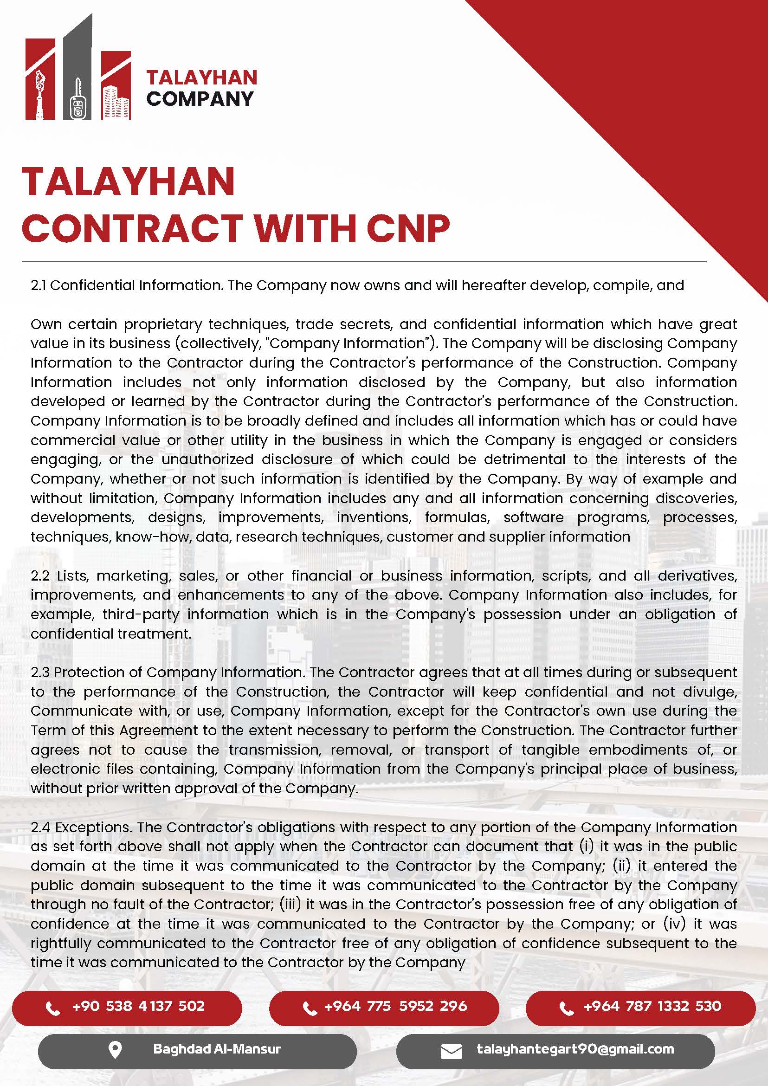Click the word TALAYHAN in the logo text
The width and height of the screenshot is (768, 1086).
[x=201, y=78]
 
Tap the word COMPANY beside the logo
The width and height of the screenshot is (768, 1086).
[x=200, y=99]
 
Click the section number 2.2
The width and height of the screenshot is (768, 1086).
[x=40, y=575]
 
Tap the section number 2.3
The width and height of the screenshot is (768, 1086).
[x=40, y=672]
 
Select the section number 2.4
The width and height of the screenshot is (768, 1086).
[x=41, y=827]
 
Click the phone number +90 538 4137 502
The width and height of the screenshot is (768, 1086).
[x=138, y=1006]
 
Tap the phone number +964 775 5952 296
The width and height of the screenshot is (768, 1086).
[x=395, y=1006]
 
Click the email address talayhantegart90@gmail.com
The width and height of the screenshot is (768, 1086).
[x=575, y=1049]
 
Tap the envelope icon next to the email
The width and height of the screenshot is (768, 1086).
[x=451, y=1052]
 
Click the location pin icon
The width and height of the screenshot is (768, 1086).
[x=115, y=1050]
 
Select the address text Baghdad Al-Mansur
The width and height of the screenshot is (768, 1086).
[x=217, y=1049]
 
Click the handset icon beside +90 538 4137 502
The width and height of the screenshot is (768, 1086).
[x=52, y=1008]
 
